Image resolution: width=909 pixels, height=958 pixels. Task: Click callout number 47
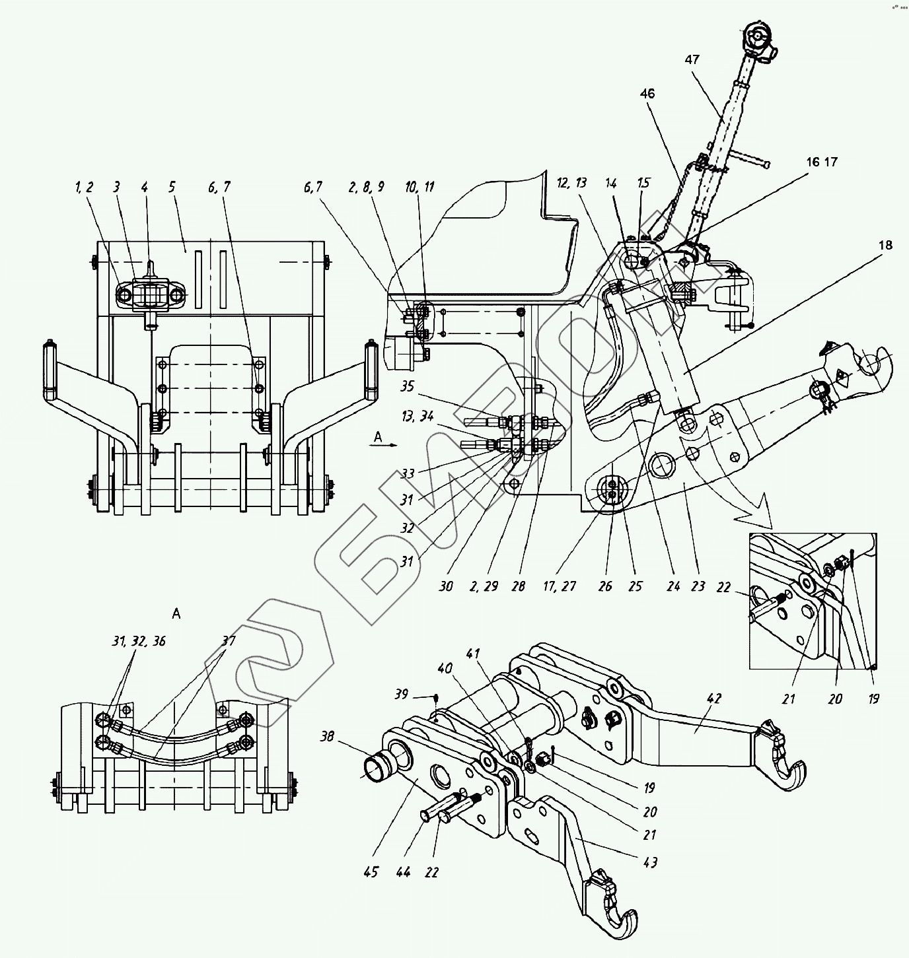[692, 59]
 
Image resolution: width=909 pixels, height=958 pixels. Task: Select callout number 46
[647, 94]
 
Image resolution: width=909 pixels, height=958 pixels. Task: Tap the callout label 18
[885, 245]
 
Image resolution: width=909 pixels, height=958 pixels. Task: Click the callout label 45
[371, 872]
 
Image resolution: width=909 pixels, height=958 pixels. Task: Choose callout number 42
[713, 699]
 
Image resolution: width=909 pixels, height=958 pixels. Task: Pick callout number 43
[649, 862]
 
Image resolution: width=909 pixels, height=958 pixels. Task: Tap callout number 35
[407, 386]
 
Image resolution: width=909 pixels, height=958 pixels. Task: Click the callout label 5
[172, 187]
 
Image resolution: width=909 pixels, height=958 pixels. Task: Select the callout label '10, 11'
[419, 187]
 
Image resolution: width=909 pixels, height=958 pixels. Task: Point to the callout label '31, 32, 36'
[139, 641]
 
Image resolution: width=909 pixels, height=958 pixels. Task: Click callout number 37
[229, 640]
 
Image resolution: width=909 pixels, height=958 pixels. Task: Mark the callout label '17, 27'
[560, 586]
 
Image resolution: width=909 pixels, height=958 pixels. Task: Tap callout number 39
[402, 694]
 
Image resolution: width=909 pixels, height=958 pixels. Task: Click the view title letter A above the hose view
[176, 614]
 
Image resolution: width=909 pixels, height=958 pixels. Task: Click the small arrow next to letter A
[390, 444]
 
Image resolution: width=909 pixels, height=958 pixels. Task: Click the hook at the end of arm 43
[618, 912]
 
